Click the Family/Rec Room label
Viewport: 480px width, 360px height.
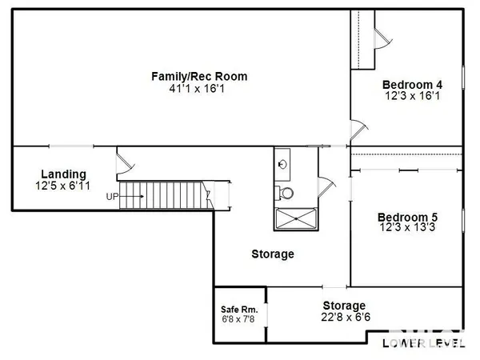(199, 77)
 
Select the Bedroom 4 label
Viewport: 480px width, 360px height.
(412, 85)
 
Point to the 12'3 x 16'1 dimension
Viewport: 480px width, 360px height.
(412, 96)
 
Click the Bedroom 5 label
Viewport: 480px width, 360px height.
(407, 217)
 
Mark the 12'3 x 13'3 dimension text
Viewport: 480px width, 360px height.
(407, 228)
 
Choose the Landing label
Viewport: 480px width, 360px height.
(63, 174)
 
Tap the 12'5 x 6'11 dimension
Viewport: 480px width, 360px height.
(63, 186)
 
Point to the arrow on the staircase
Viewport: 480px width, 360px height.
(134, 196)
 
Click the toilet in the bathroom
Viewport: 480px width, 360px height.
(284, 192)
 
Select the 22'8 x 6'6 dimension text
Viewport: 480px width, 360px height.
(344, 317)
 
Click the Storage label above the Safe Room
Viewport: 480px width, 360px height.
(272, 254)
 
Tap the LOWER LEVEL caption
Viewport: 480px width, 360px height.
(422, 344)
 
